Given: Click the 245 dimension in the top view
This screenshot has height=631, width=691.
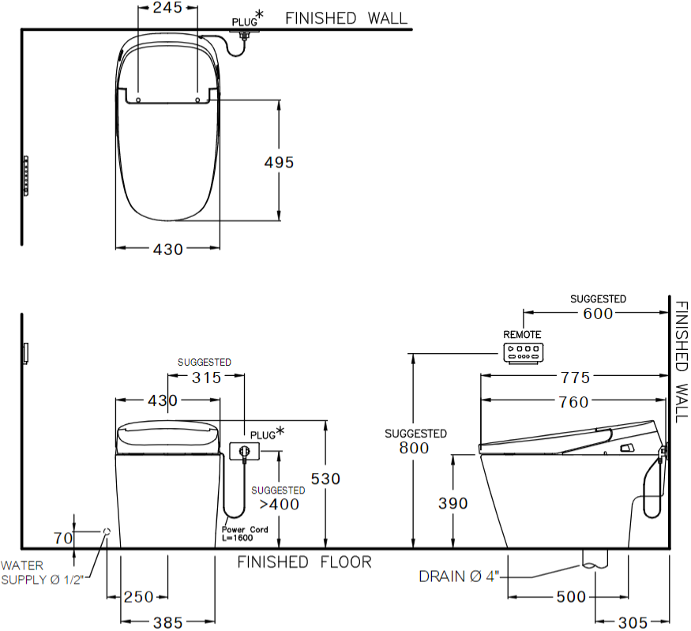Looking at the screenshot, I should [167, 8].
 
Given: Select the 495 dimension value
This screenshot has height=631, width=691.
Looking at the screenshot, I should [278, 162].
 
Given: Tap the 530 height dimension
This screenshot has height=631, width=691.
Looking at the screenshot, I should [325, 479].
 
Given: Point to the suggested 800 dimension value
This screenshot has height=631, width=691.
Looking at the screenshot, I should [415, 448].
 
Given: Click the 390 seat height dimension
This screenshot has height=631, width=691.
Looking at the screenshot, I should [453, 503].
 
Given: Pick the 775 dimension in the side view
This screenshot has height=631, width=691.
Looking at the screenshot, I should [573, 378].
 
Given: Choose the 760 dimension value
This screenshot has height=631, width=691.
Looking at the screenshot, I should [573, 402].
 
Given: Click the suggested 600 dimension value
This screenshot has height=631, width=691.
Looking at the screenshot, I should [599, 314].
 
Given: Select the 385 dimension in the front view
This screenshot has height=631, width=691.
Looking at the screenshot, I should [167, 623].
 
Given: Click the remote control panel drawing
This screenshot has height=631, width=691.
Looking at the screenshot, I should [523, 352].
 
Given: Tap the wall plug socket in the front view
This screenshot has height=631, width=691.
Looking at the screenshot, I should [243, 451].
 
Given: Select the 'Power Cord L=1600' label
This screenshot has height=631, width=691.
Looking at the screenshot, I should [244, 533].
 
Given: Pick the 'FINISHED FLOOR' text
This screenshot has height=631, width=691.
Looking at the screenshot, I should [304, 562].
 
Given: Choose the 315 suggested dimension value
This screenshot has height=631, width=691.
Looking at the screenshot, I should [207, 377].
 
